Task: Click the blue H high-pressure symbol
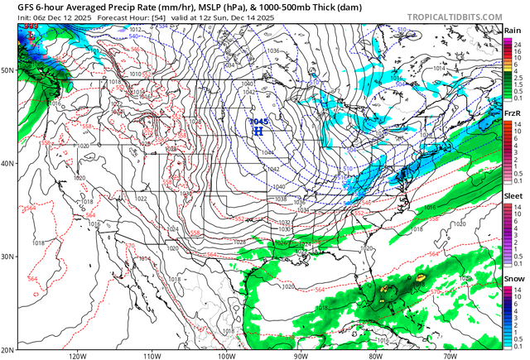pos(258,131)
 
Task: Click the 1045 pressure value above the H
pos(258,122)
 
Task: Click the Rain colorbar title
pos(513,31)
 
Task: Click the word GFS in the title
pos(14,6)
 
